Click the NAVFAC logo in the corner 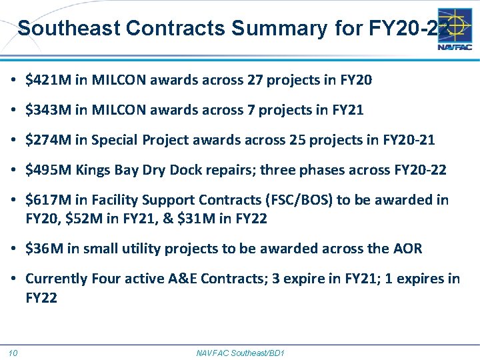pyautogui.click(x=455, y=29)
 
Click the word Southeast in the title pyautogui.click(x=68, y=28)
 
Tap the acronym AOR pyautogui.click(x=407, y=249)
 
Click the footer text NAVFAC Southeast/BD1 pyautogui.click(x=240, y=353)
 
